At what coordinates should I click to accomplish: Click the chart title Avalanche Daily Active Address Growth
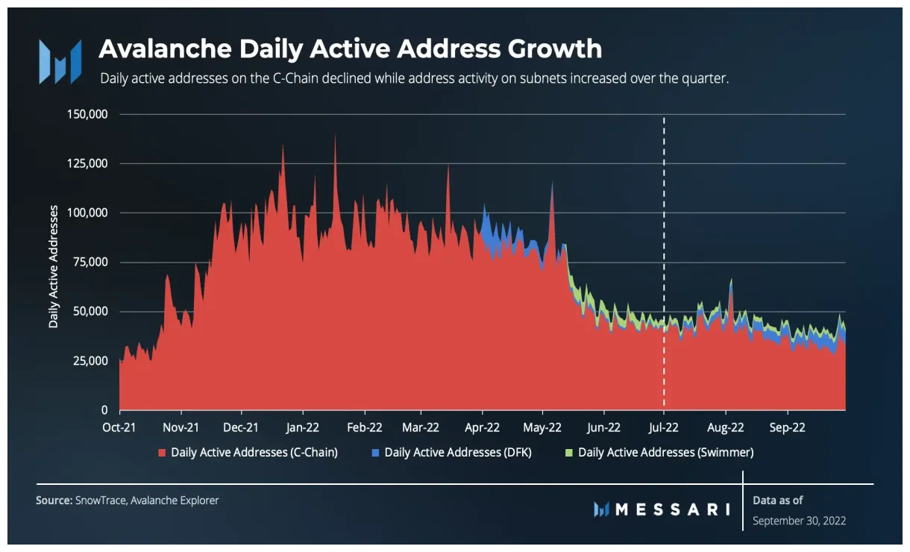click(350, 48)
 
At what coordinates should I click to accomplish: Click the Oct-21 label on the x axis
click(119, 427)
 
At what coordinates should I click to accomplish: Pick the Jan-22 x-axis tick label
click(303, 427)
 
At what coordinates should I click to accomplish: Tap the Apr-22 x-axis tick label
click(482, 427)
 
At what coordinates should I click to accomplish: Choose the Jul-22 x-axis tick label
click(663, 427)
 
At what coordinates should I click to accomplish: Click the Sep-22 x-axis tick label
click(788, 427)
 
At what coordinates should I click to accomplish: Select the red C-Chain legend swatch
click(162, 452)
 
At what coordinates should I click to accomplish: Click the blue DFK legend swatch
click(375, 452)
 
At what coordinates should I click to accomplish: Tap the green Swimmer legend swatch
click(569, 452)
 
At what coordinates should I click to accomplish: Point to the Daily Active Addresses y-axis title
click(54, 266)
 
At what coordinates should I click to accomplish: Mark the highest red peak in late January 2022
click(335, 135)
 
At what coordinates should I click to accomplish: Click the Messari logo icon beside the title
click(60, 61)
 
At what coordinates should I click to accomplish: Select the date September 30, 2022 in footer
click(799, 521)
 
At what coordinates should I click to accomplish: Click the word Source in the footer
click(53, 501)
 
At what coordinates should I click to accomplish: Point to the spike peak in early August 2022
click(732, 280)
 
